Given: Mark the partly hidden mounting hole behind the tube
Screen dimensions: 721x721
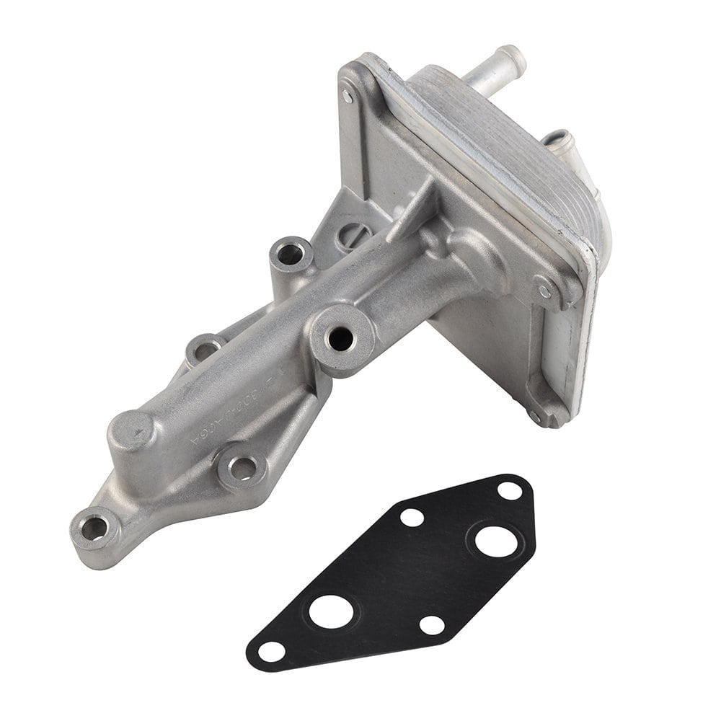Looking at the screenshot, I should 205,350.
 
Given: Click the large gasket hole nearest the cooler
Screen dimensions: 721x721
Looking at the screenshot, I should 495,541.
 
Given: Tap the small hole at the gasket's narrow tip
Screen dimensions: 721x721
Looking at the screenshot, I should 271,650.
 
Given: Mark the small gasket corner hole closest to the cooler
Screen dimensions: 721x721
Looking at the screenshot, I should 510,490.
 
